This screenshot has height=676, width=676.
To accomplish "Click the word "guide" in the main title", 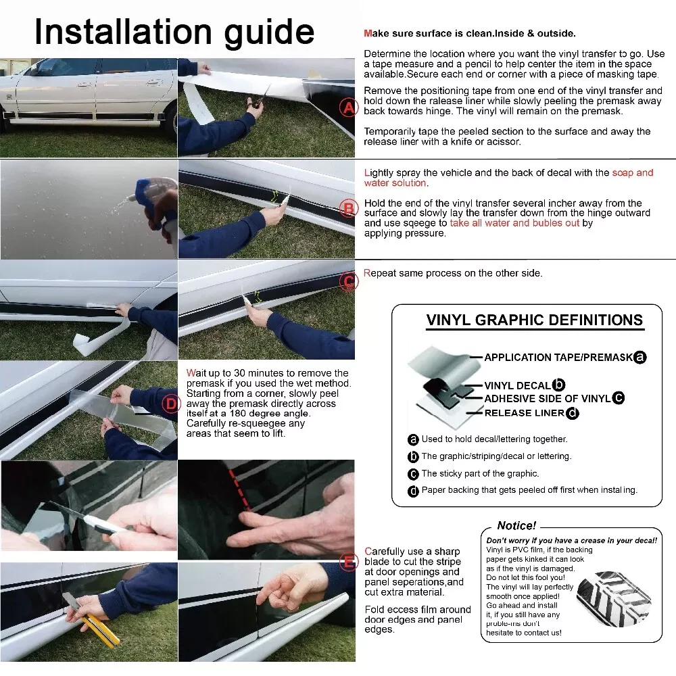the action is [270, 33].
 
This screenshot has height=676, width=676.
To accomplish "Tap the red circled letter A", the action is [348, 107].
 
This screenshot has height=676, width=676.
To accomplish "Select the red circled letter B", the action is [348, 209].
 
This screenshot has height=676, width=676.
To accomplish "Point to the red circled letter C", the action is [348, 282].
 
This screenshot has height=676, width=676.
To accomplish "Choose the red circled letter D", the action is [171, 404].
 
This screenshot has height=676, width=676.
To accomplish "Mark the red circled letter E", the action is [348, 562].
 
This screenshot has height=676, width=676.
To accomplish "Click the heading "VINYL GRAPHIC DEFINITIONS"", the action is [535, 320].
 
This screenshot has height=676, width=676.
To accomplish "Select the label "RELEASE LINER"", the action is [525, 413].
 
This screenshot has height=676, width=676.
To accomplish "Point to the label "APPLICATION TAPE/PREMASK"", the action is [558, 358].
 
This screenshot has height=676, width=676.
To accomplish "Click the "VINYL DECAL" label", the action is [517, 385].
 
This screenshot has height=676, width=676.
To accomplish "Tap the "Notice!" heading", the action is [516, 525].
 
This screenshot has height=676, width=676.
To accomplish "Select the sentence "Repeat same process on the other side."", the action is [453, 273].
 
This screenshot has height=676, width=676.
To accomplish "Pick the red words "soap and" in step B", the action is [633, 173].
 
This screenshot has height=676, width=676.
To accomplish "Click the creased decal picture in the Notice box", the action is [614, 598].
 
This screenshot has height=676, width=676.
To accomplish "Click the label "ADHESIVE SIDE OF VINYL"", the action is [548, 398].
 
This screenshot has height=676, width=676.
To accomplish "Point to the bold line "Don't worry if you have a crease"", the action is [572, 541].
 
